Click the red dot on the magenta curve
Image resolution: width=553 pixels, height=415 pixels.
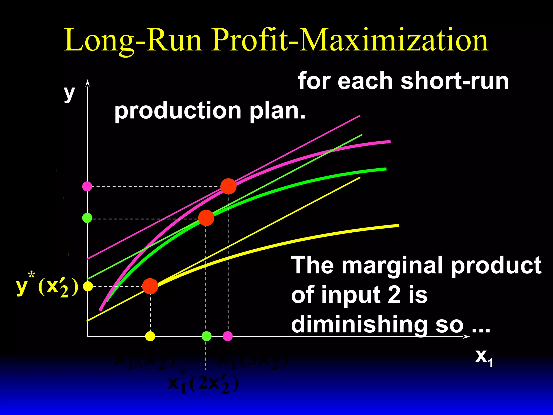228,186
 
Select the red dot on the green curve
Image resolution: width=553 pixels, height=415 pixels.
206,218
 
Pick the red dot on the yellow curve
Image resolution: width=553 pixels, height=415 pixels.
150,286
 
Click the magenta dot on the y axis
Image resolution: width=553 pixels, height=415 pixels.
87,186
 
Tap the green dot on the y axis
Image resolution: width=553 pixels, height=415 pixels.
87,218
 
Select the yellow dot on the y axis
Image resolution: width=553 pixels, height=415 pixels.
88,286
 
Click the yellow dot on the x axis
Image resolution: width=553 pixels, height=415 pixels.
150,336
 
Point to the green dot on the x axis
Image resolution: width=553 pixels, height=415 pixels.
207,336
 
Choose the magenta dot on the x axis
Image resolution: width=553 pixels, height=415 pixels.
228,336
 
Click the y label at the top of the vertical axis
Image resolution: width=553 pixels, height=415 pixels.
69,93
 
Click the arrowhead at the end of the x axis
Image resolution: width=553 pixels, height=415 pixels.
467,337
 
